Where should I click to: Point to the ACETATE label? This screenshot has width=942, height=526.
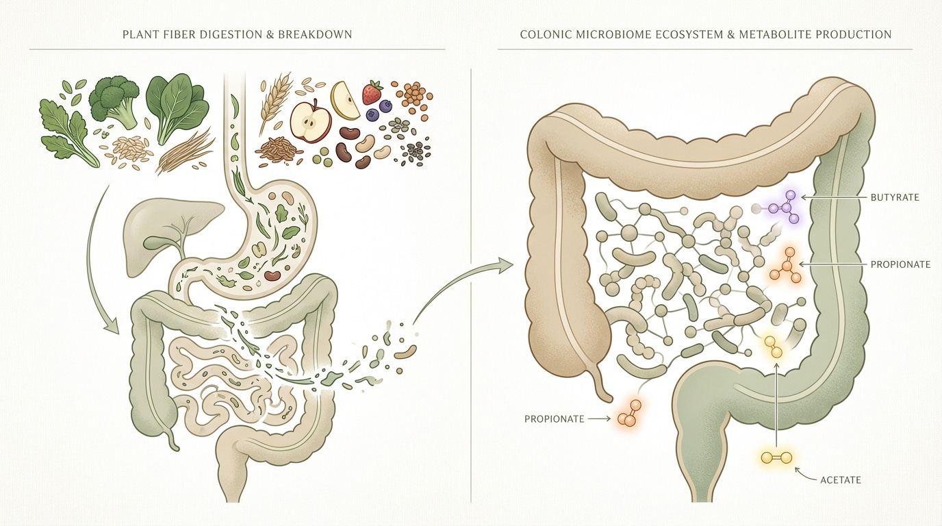pos(840,479)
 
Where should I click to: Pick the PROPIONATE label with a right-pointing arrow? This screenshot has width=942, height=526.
pos(554,418)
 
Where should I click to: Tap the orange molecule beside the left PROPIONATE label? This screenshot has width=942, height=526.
pos(629,415)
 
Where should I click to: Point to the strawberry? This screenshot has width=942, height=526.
pos(372,92)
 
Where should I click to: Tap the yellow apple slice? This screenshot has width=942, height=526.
pos(345,100)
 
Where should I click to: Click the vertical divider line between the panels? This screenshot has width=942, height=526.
pos(472,274)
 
